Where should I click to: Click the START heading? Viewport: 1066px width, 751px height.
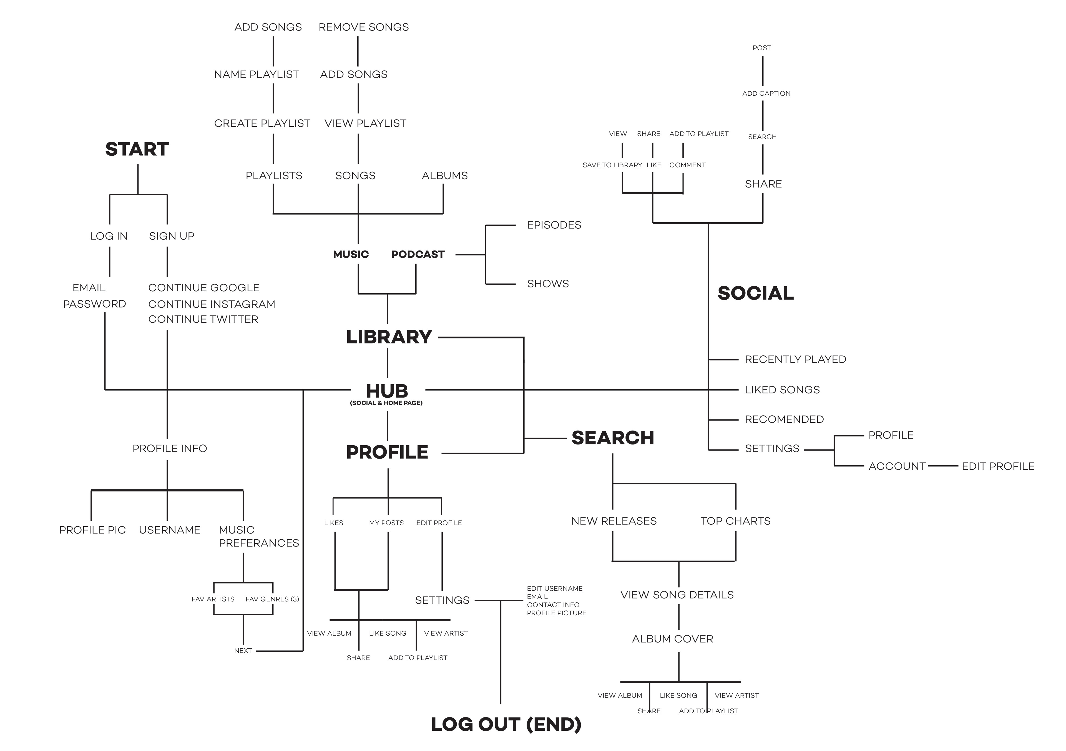pos(137,149)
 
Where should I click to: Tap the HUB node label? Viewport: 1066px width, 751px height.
pos(387,391)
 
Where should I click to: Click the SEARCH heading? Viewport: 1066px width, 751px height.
pos(612,438)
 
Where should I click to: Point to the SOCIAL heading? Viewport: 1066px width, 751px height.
pos(755,293)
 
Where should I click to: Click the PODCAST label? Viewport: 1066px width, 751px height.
pos(418,254)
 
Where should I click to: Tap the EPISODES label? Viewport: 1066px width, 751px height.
pos(554,225)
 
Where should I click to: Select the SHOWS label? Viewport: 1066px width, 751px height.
pos(548,284)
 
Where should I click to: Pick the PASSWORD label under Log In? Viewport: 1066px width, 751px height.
pos(95,304)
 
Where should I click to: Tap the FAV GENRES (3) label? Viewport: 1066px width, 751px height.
pos(272,599)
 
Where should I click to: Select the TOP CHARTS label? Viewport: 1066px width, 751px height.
pos(735,521)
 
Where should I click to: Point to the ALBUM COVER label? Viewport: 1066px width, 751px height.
pos(672,639)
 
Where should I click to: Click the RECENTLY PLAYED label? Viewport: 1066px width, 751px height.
pos(795,360)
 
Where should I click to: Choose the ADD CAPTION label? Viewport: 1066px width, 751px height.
pos(766,93)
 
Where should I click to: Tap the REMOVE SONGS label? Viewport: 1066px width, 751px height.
pos(364,27)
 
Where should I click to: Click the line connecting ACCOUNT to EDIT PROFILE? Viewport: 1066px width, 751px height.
pos(943,466)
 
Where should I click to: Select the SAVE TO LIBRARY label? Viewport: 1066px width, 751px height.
pos(612,165)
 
